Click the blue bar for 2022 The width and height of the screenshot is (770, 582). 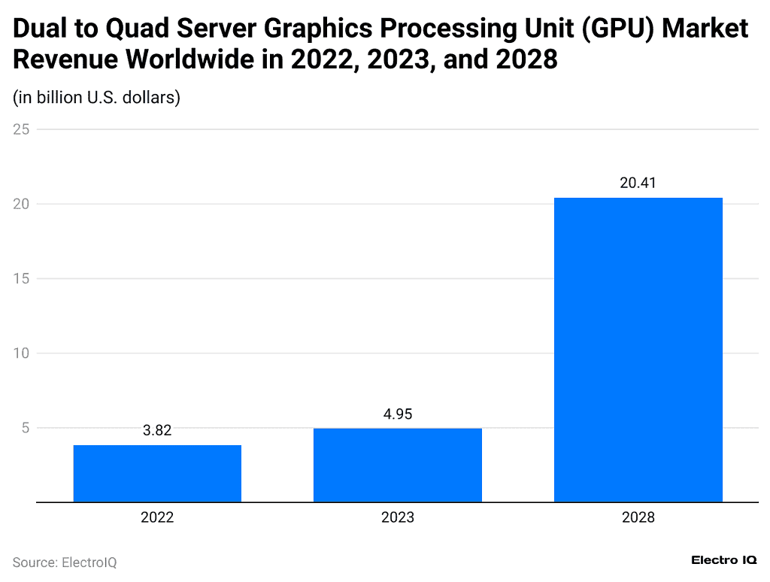click(157, 473)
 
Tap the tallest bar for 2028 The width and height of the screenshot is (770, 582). click(638, 350)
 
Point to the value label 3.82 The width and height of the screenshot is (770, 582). click(157, 431)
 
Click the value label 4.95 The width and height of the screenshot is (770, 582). click(398, 414)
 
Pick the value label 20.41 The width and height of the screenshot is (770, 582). click(638, 183)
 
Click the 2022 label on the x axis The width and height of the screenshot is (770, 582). click(157, 517)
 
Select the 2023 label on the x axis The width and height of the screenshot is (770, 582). click(398, 517)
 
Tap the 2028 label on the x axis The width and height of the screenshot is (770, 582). click(638, 517)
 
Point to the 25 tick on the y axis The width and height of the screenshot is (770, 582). click(21, 129)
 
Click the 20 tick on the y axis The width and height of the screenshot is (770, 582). click(21, 204)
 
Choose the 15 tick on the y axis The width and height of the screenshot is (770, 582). click(21, 279)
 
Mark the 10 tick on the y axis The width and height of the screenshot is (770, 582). click(21, 353)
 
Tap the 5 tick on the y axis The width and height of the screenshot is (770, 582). click(25, 428)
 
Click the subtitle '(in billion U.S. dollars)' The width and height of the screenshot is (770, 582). click(96, 98)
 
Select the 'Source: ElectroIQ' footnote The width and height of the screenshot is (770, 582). click(65, 562)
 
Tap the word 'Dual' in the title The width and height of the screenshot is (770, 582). click(41, 29)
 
